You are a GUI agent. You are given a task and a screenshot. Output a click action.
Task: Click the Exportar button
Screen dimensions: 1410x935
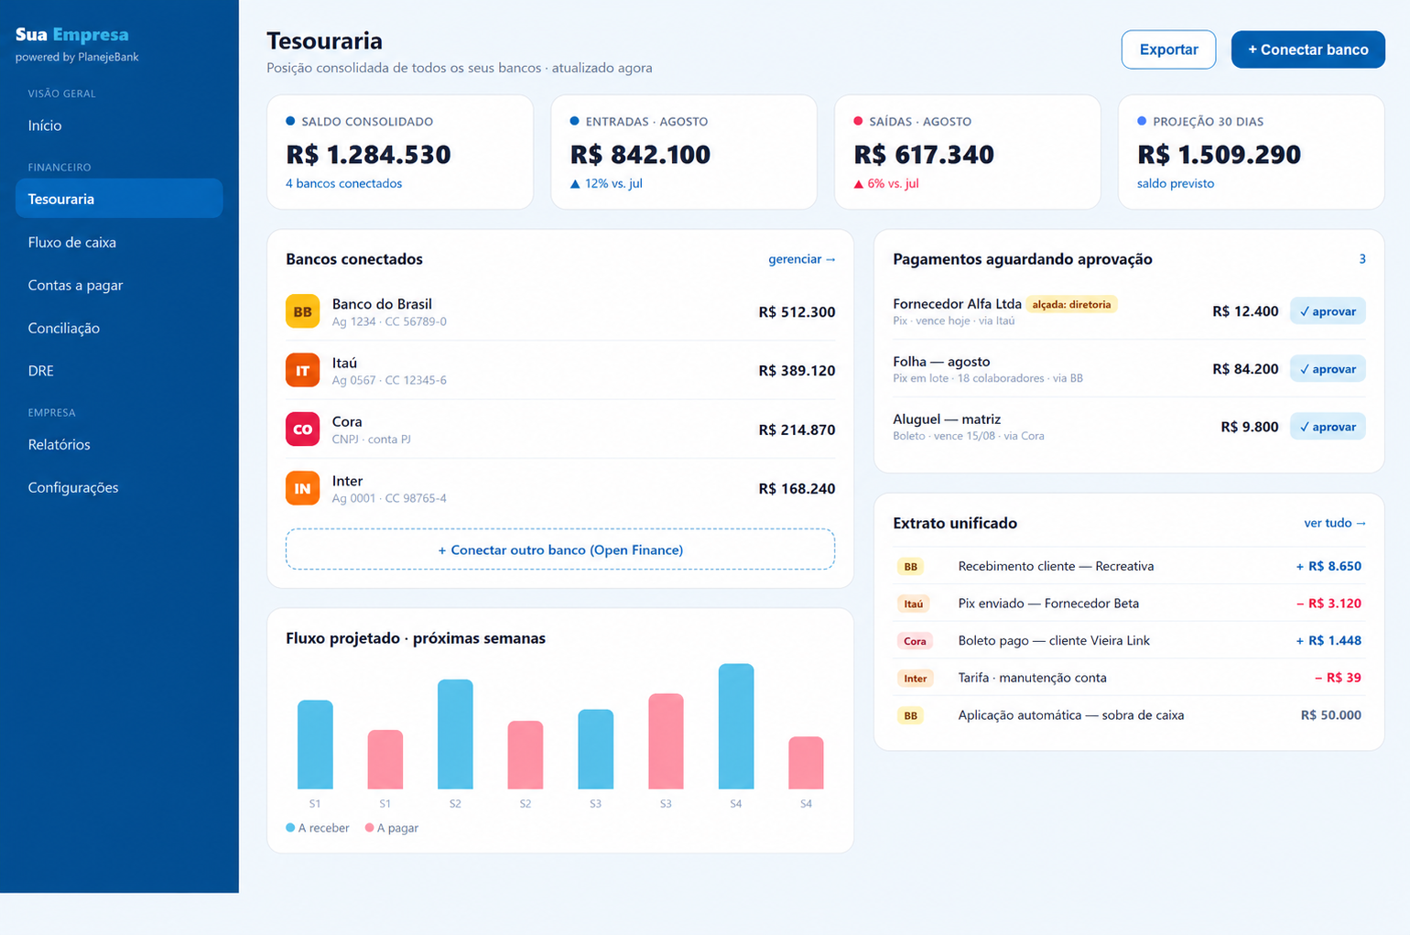pos(1168,49)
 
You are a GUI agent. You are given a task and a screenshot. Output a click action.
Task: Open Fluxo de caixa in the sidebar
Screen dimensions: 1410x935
pos(71,243)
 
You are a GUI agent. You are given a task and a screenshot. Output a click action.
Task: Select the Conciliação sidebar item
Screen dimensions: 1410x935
pos(63,328)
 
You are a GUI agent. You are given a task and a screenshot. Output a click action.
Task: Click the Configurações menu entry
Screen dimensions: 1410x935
pos(73,487)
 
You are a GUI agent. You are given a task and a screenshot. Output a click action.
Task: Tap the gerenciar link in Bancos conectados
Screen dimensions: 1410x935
pos(801,259)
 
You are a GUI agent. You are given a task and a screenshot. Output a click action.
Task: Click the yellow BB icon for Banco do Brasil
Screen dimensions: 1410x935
pos(302,311)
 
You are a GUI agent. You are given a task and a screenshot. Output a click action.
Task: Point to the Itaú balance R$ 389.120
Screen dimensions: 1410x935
pos(797,370)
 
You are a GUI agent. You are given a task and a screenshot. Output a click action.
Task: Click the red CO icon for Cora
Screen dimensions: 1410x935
pos(302,429)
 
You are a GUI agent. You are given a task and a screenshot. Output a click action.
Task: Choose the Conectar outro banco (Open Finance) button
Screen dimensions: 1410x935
pos(560,549)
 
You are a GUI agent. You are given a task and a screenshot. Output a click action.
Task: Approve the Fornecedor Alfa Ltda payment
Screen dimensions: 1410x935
pos(1328,311)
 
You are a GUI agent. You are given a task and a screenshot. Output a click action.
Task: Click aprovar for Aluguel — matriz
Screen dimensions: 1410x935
pos(1328,426)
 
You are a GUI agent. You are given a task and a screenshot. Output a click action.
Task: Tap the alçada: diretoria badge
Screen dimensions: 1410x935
pos(1071,304)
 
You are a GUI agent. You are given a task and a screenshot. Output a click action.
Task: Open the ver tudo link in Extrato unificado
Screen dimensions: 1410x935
pos(1335,523)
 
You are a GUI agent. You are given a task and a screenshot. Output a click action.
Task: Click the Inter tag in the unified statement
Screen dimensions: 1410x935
pos(915,678)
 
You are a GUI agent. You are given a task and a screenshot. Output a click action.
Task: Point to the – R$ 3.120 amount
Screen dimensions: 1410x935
pos(1329,603)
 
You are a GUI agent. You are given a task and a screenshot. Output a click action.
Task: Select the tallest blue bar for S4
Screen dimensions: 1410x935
pos(736,726)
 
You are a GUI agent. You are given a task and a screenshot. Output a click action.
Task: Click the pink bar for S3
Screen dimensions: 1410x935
pos(666,741)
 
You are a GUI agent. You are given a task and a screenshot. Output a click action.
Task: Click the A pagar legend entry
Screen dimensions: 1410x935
pos(392,828)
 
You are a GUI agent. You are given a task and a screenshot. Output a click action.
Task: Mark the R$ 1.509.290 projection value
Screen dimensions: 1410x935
pos(1219,154)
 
